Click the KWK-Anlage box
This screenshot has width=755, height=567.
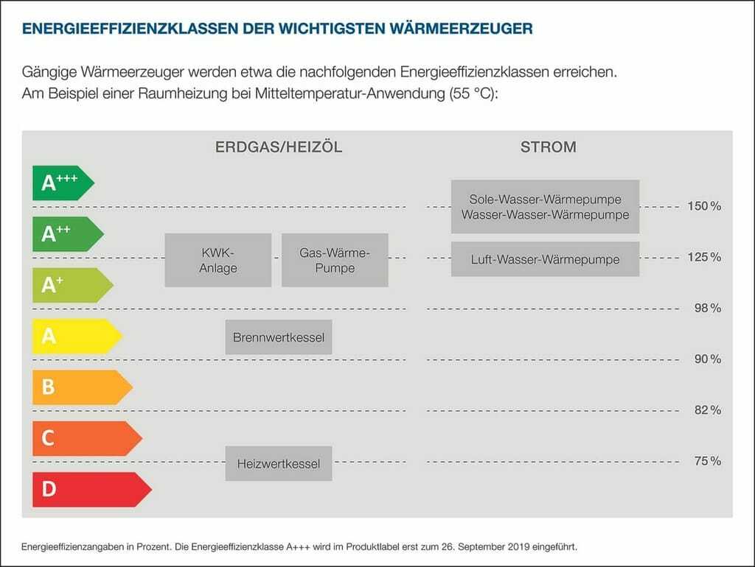[x=218, y=260]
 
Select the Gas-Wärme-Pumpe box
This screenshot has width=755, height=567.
[x=335, y=260]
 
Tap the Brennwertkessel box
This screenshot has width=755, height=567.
[x=279, y=337]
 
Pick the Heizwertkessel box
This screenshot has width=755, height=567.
[x=279, y=464]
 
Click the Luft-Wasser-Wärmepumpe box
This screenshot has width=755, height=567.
[x=545, y=259]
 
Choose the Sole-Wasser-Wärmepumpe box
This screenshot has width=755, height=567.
[x=545, y=207]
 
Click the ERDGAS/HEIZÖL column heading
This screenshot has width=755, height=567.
[x=279, y=147]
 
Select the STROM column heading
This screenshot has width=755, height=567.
[x=548, y=147]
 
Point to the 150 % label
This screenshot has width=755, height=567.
[x=704, y=206]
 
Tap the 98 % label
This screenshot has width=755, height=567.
[x=708, y=308]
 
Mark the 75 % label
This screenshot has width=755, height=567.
[x=708, y=461]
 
